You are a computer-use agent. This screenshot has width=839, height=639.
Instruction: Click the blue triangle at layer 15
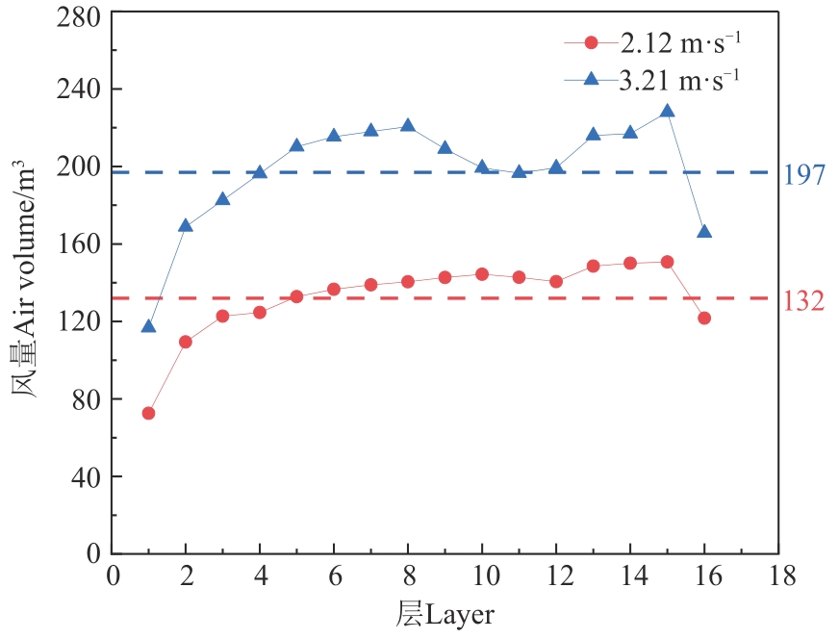coord(667,111)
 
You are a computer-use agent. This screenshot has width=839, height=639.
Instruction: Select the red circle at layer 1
coord(148,413)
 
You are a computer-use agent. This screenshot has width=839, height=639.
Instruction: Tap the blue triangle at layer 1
coord(148,326)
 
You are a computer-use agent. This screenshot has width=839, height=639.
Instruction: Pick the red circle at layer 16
coord(704,318)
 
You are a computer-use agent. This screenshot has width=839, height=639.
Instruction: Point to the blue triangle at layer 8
coord(408,125)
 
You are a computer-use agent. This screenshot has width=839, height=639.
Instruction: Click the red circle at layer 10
coord(482,274)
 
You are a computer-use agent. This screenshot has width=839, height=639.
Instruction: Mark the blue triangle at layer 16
coord(704,231)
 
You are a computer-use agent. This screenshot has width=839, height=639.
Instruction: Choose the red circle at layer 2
coord(186,342)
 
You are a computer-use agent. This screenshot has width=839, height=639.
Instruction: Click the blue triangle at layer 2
coord(186,225)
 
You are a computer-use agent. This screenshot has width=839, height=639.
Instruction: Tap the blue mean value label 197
coord(804,175)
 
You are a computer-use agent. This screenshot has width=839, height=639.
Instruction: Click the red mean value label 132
coord(804,301)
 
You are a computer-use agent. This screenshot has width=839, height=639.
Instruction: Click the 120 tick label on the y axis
coord(82,321)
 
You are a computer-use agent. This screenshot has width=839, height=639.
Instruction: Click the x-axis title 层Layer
coord(446,613)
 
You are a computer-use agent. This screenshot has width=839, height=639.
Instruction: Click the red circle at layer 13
coord(593,266)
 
